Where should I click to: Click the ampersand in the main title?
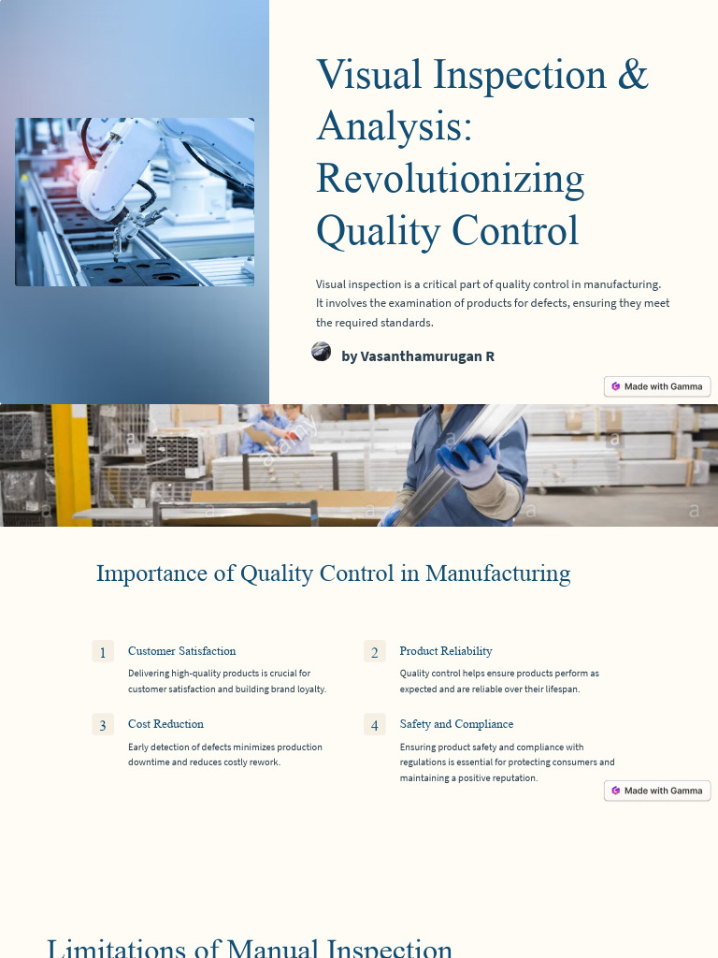click(632, 75)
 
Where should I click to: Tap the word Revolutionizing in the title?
click(450, 178)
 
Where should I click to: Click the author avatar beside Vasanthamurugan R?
click(321, 352)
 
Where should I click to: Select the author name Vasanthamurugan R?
click(418, 356)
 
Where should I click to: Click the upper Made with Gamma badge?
click(657, 386)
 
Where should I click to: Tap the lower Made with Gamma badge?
click(657, 791)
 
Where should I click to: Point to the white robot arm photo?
click(135, 201)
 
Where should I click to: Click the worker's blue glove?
click(468, 461)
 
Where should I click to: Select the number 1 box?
click(103, 652)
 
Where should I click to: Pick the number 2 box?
click(374, 652)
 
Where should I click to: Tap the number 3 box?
click(103, 725)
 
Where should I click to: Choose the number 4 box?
click(374, 725)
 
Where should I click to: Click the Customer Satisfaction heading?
click(181, 651)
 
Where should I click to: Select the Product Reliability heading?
click(445, 651)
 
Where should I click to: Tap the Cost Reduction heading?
click(165, 724)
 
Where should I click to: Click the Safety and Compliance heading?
click(456, 724)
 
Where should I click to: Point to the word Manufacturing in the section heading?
click(497, 573)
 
